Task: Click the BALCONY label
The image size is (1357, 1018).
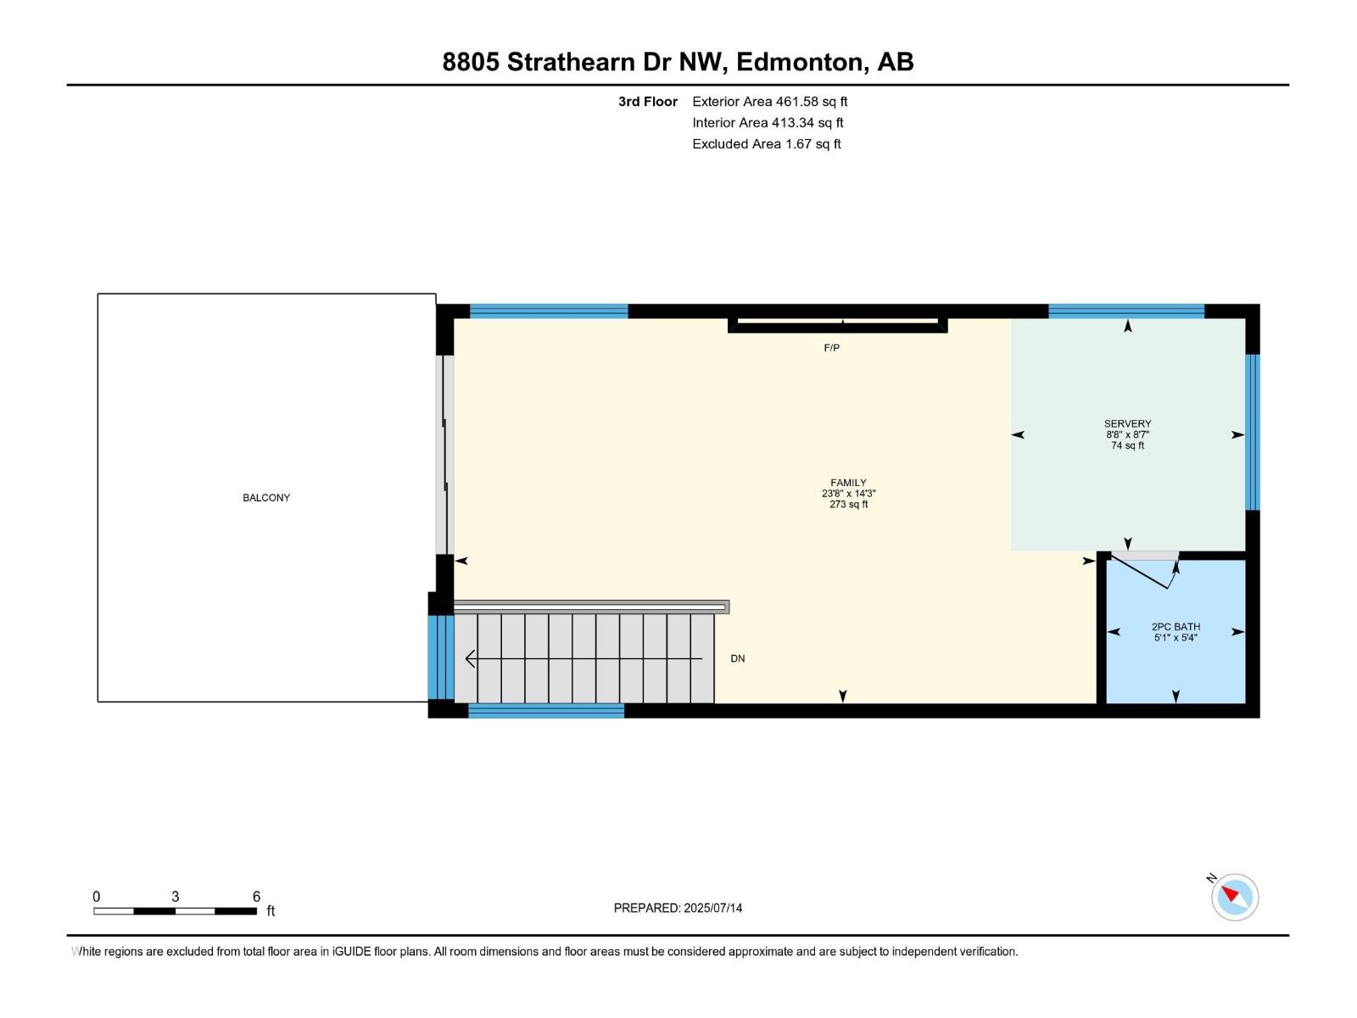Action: [x=266, y=498]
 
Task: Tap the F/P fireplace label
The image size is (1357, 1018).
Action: [x=831, y=348]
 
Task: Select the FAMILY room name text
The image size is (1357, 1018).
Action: [x=848, y=483]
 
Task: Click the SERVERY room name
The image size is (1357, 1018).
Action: [x=1127, y=423]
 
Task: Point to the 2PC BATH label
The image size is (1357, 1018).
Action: [x=1176, y=627]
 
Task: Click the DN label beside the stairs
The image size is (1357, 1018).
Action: [x=737, y=658]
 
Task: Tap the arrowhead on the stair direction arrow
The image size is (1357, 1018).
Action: [x=470, y=658]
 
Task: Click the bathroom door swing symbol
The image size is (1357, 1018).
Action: [x=1144, y=571]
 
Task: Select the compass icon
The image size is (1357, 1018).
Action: [x=1234, y=897]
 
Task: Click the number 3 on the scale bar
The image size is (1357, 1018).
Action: [x=176, y=897]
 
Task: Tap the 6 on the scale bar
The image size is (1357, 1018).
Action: [x=256, y=897]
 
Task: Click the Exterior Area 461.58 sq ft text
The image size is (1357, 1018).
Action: [x=769, y=101]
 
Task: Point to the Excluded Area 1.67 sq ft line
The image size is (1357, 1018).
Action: [x=766, y=143]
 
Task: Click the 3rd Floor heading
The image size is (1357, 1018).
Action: [x=647, y=101]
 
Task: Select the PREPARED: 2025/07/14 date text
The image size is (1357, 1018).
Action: [x=678, y=908]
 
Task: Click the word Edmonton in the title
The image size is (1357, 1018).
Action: [x=801, y=62]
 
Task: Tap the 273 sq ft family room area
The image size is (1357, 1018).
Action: [x=848, y=505]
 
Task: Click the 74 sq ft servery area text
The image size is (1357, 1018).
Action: [x=1127, y=445]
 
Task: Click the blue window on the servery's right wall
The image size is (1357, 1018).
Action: [x=1252, y=432]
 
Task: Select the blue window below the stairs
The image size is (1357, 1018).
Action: [x=546, y=711]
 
